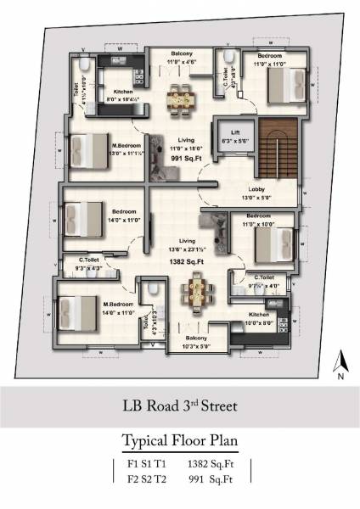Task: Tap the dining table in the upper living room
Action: point(180,98)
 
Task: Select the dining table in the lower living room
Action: point(196,294)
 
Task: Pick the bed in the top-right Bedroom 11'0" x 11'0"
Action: point(284,85)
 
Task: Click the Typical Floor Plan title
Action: point(180,441)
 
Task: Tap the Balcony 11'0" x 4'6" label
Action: point(180,58)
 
